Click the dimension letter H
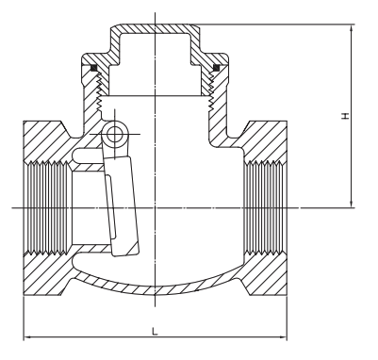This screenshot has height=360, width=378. tap(345, 116)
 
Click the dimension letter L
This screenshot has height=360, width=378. tap(154, 330)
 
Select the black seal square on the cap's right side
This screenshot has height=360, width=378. tap(216, 67)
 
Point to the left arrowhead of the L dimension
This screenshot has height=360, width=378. tap(25, 337)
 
